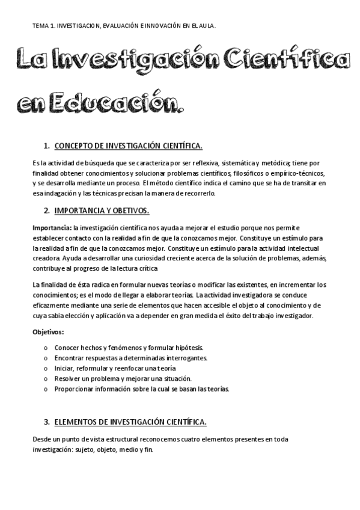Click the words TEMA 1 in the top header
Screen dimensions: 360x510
[43, 26]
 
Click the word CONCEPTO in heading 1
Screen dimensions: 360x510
[73, 146]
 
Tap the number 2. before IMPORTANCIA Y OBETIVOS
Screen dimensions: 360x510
[47, 210]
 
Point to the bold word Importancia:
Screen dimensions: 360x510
[51, 228]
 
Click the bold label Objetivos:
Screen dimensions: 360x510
[48, 332]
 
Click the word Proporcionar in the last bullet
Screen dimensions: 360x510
[75, 389]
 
